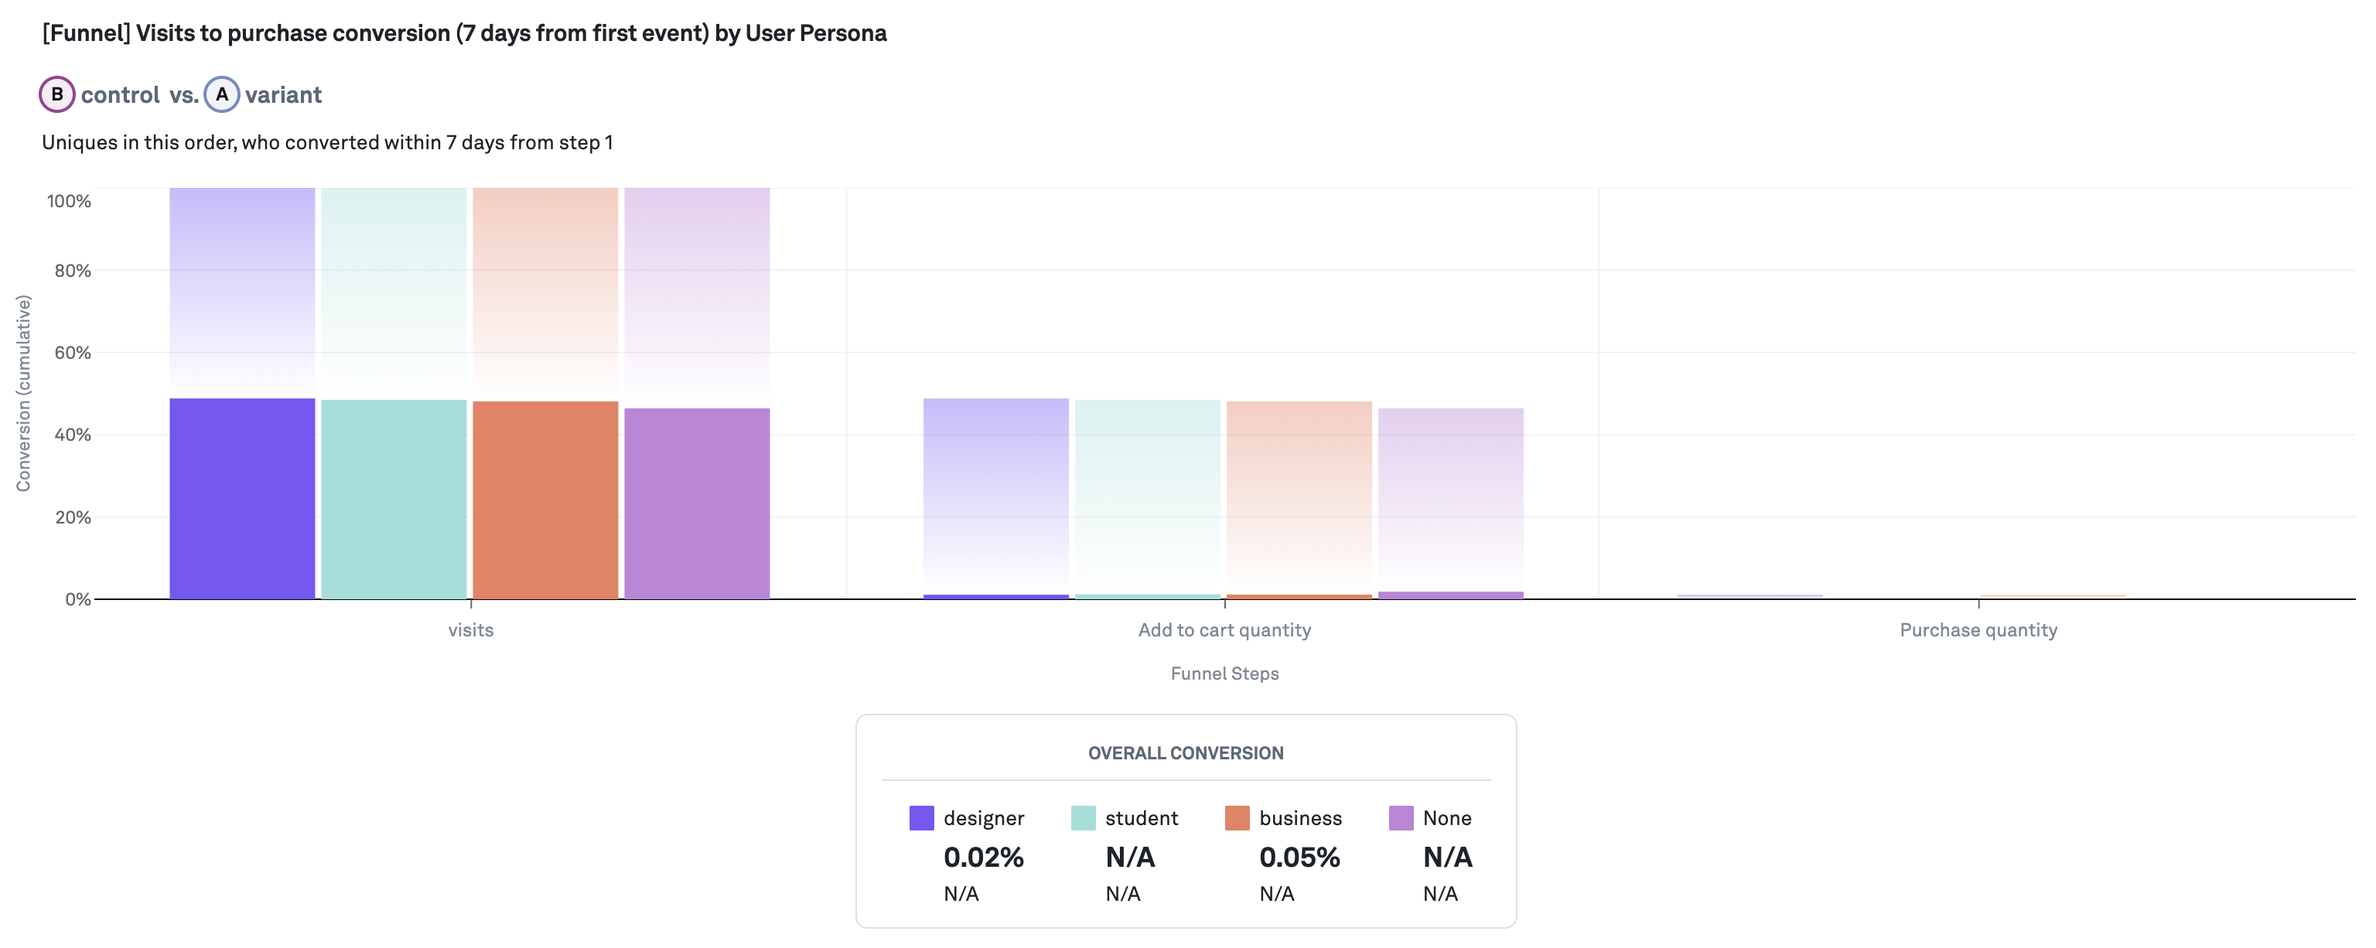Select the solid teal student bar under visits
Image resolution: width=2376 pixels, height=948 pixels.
coord(394,499)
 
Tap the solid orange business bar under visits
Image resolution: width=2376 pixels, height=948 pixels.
coord(545,500)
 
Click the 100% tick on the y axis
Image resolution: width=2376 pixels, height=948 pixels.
coord(69,201)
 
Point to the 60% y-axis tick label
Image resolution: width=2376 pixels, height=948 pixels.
coord(72,353)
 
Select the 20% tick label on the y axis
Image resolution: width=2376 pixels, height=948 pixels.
coord(72,517)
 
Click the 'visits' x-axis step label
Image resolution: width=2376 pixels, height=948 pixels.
coord(470,630)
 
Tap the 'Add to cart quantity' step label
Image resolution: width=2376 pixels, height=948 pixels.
coord(1224,630)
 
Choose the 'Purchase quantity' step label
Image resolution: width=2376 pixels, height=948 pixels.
coord(1978,630)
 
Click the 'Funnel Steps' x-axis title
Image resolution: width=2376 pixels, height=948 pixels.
coord(1224,673)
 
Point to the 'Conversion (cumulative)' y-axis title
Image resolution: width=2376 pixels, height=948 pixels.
coord(23,393)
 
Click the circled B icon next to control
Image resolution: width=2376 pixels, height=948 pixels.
coord(57,94)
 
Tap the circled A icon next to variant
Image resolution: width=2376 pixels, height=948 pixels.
coord(221,94)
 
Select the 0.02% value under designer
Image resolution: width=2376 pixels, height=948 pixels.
coord(983,858)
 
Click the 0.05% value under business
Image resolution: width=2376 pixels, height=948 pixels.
coord(1299,858)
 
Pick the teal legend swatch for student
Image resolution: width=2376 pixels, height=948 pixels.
coord(1083,818)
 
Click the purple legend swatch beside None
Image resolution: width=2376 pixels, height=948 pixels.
coord(1400,818)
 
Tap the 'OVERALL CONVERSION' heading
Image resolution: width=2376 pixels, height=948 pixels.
coord(1185,753)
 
